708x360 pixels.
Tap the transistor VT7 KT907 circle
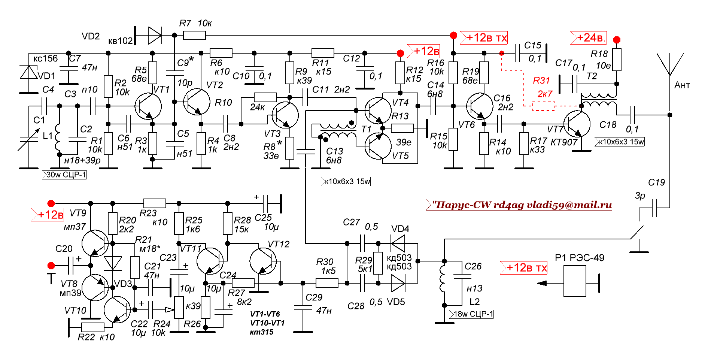tap(577, 124)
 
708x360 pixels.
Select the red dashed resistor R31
tap(544, 106)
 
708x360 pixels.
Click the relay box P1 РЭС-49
tap(575, 281)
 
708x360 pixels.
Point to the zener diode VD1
tap(29, 72)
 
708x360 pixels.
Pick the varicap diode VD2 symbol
tap(154, 36)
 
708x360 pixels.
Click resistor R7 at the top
tap(194, 36)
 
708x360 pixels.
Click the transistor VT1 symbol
tap(148, 106)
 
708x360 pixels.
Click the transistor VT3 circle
tap(285, 115)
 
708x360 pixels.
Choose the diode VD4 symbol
tap(398, 243)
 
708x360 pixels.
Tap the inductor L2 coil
tap(443, 278)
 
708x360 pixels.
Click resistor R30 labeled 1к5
tap(327, 283)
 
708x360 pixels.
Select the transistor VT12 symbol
tap(263, 261)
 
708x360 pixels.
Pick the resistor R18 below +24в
tap(617, 60)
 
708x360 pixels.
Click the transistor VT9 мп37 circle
tap(95, 243)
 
